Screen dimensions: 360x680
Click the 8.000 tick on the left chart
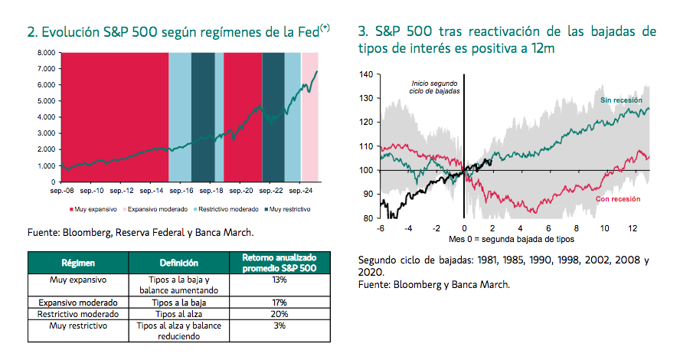(x=47, y=53)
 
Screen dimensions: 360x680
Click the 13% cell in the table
(x=280, y=280)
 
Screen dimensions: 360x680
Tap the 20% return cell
(x=280, y=314)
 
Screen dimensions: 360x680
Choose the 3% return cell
(x=280, y=326)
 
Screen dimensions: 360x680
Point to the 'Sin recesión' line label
(x=621, y=100)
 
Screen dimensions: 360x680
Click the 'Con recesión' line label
(x=616, y=199)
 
